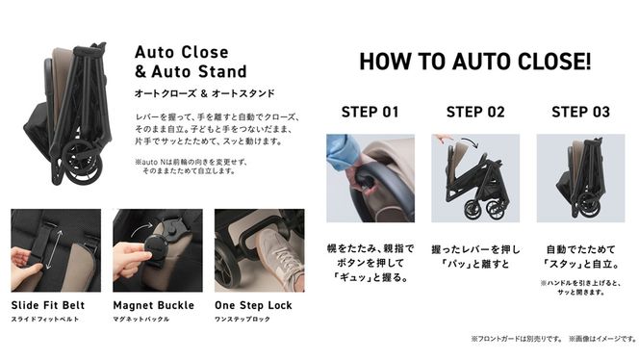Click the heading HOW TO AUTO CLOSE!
pyautogui.click(x=475, y=62)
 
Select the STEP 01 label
pyautogui.click(x=370, y=112)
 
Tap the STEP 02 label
pyautogui.click(x=475, y=112)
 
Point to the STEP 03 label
pyautogui.click(x=580, y=112)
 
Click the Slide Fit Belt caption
pyautogui.click(x=47, y=305)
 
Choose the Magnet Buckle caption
pyautogui.click(x=150, y=305)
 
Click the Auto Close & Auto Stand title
pyautogui.click(x=191, y=60)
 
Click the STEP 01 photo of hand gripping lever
pyautogui.click(x=370, y=177)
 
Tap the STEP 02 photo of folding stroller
pyautogui.click(x=475, y=177)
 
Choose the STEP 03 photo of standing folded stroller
pyautogui.click(x=580, y=177)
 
